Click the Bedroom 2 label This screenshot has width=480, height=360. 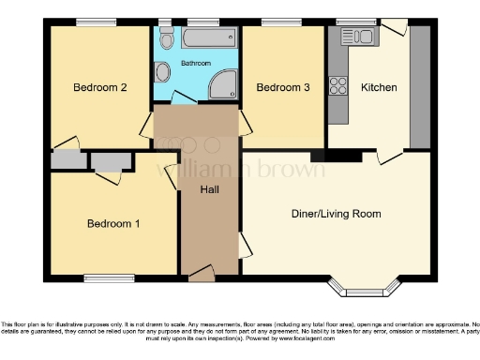coord(99,88)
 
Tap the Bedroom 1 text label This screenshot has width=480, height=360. coord(113,224)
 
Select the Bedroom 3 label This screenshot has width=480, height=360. coord(282,88)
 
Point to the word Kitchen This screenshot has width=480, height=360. coord(379,88)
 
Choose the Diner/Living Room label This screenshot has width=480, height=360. coord(336,214)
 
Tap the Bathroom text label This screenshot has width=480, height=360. coord(196,64)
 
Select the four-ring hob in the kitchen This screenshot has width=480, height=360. coord(337,37)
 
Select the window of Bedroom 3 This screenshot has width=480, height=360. coord(275,22)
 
